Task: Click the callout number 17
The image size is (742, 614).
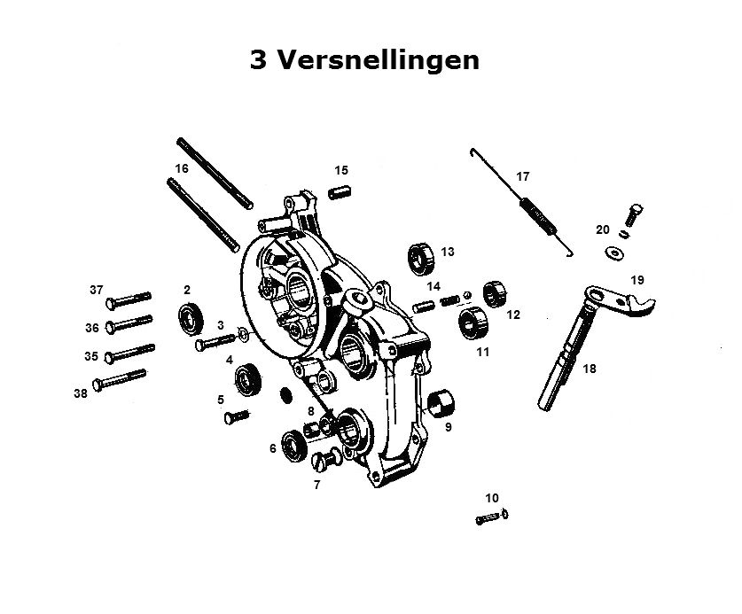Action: click(522, 176)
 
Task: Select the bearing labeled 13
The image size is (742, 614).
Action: click(421, 259)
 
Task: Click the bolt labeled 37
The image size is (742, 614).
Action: click(129, 299)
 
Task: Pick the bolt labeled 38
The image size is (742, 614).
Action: click(120, 380)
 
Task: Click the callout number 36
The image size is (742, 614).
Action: click(92, 328)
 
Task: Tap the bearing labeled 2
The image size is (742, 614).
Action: click(191, 319)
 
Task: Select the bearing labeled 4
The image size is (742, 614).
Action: click(248, 379)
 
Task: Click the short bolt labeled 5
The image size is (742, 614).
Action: click(236, 416)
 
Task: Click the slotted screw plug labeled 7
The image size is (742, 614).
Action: click(326, 460)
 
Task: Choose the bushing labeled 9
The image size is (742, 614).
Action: click(441, 401)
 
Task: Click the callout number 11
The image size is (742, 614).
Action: click(482, 352)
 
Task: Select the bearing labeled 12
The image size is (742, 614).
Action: click(495, 293)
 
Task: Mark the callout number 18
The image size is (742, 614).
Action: click(590, 369)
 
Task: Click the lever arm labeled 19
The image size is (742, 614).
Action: click(620, 299)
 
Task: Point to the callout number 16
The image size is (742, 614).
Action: click(182, 168)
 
